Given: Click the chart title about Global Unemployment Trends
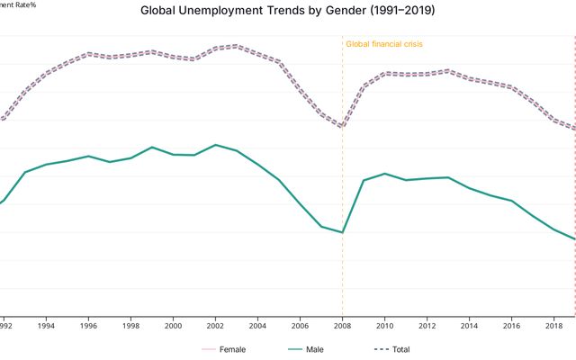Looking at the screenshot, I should [288, 11].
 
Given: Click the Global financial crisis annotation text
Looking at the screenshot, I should [384, 44].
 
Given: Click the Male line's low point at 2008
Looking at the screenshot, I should [343, 232].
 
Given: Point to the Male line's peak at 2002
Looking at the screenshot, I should [215, 144].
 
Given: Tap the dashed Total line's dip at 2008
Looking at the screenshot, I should [343, 127].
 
